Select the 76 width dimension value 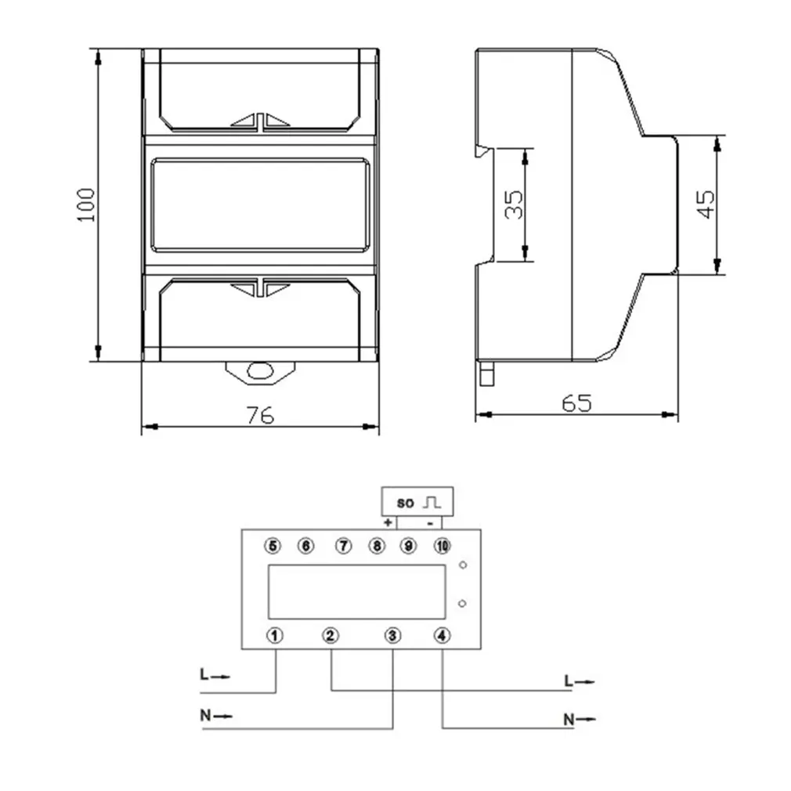point(260,415)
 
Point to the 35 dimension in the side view point(514,204)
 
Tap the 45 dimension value point(706,204)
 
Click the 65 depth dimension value point(576,403)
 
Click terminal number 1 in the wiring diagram point(275,635)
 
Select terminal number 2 point(331,635)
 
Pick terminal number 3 point(393,635)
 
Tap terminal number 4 point(443,635)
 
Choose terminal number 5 point(273,545)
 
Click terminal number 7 point(342,545)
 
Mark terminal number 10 point(442,545)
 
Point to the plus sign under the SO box point(388,522)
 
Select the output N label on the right point(569,718)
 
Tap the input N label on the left point(205,714)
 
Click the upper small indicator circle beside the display point(464,565)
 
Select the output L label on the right point(569,681)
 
